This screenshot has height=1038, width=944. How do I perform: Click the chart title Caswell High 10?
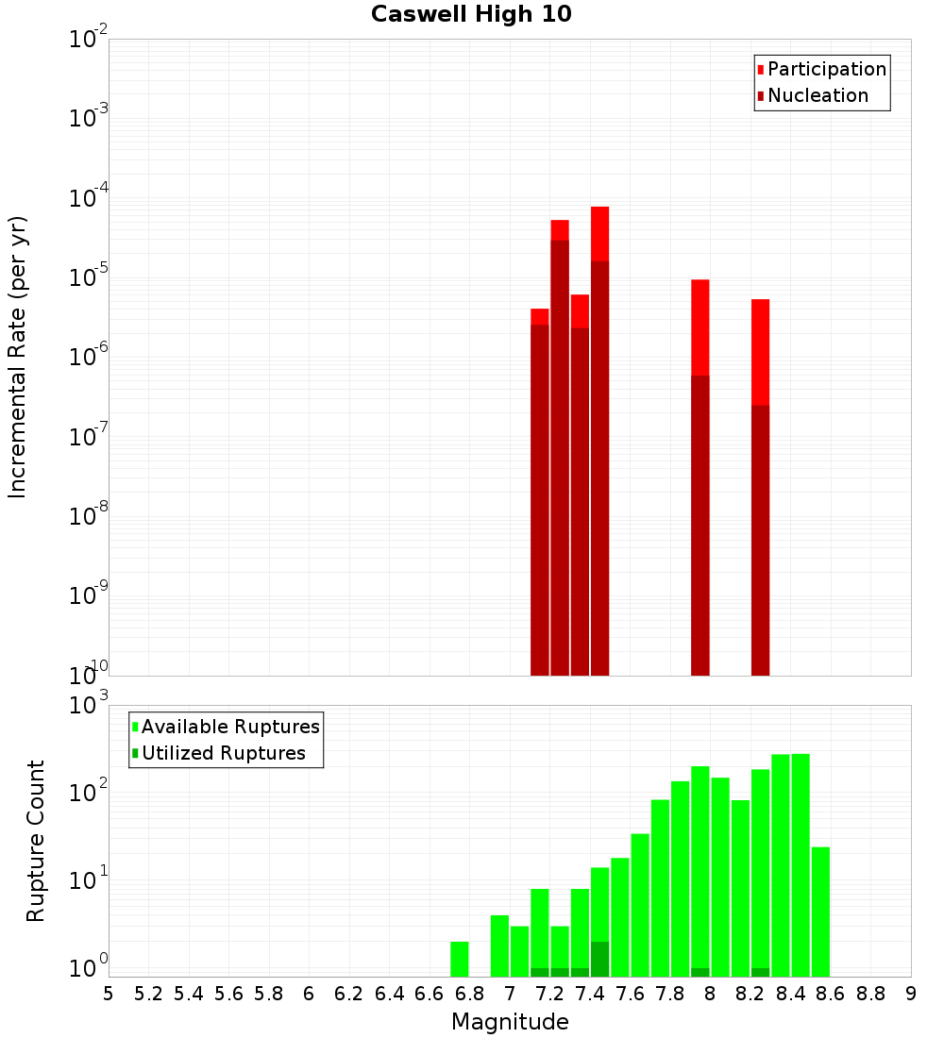point(471,14)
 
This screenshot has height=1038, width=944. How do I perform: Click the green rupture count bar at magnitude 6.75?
point(460,959)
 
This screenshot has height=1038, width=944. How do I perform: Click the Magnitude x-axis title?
point(510,1022)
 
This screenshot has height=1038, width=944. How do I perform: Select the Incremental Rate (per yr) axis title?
point(17,358)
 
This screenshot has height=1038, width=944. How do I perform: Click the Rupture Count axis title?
point(36,841)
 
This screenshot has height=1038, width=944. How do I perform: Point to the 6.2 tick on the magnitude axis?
point(349,994)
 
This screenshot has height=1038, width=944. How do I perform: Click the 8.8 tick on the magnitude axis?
point(870,994)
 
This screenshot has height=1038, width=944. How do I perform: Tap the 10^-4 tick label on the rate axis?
point(89,199)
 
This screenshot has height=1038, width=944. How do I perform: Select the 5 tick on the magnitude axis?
point(109,994)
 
